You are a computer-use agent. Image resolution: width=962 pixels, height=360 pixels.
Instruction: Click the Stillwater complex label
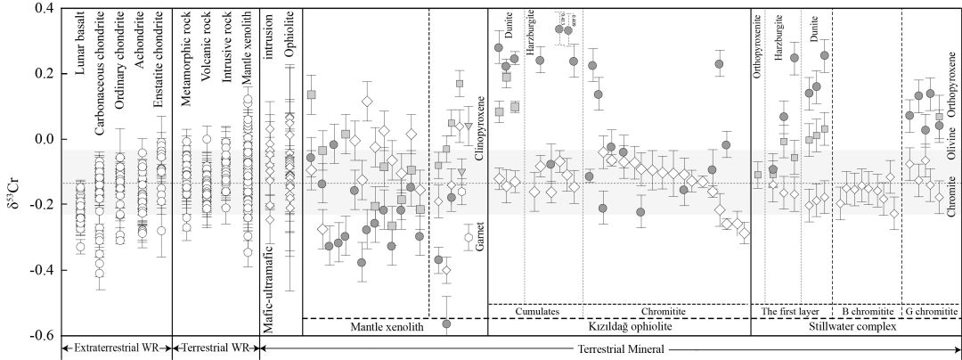tap(856, 328)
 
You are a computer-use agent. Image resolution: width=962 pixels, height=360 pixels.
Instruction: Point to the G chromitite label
tap(932, 311)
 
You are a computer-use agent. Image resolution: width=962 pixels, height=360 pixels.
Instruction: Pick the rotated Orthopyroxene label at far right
tap(950, 84)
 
